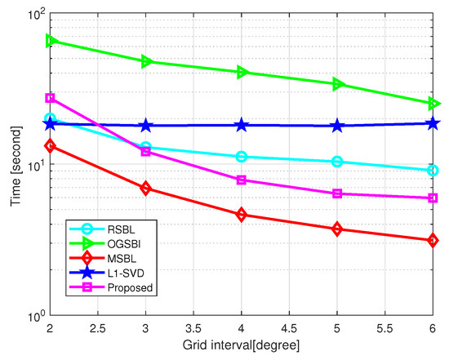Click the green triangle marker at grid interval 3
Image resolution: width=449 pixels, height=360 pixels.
146,61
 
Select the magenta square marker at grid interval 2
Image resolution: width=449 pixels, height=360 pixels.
51,98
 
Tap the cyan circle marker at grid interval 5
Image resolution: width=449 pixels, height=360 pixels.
337,162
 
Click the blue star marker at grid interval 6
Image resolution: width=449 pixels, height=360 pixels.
433,123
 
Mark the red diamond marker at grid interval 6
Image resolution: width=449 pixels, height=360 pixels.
433,240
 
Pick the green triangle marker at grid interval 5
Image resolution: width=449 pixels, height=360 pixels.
337,84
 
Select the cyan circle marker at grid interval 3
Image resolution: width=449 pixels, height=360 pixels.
146,148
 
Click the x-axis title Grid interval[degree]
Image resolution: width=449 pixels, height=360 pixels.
242,347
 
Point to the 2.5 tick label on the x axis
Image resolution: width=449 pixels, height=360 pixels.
98,331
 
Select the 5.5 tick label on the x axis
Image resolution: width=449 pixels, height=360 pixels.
385,331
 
